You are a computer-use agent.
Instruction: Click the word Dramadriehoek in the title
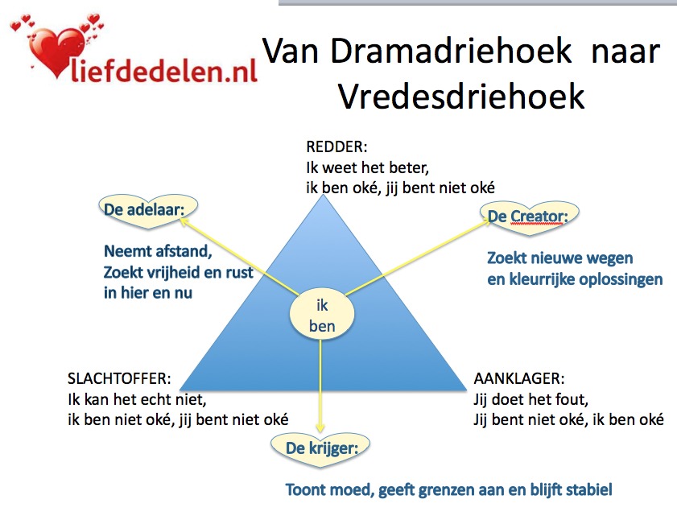pyautogui.click(x=451, y=52)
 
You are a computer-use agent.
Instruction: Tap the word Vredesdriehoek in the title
pyautogui.click(x=461, y=96)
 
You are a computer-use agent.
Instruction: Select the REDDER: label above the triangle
pyautogui.click(x=336, y=146)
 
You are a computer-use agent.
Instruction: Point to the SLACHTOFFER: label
pyautogui.click(x=119, y=378)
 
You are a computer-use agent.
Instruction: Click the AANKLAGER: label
pyautogui.click(x=518, y=378)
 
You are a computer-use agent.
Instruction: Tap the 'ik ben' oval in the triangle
pyautogui.click(x=322, y=316)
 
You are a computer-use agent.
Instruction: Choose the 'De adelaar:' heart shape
pyautogui.click(x=148, y=210)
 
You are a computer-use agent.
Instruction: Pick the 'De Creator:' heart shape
pyautogui.click(x=530, y=217)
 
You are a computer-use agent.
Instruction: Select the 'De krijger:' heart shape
pyautogui.click(x=320, y=449)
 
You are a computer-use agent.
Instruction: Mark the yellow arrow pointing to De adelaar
pyautogui.click(x=240, y=257)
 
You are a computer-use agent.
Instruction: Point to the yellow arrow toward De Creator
pyautogui.click(x=417, y=257)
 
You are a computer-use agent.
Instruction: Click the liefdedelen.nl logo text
pyautogui.click(x=164, y=71)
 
